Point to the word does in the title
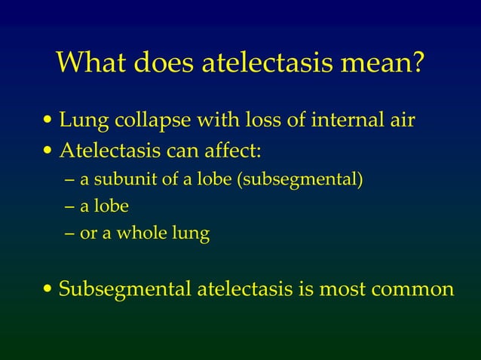[165, 64]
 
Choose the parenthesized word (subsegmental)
[301, 180]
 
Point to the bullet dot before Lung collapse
[49, 121]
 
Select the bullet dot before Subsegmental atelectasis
[49, 289]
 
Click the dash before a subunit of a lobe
[70, 180]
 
